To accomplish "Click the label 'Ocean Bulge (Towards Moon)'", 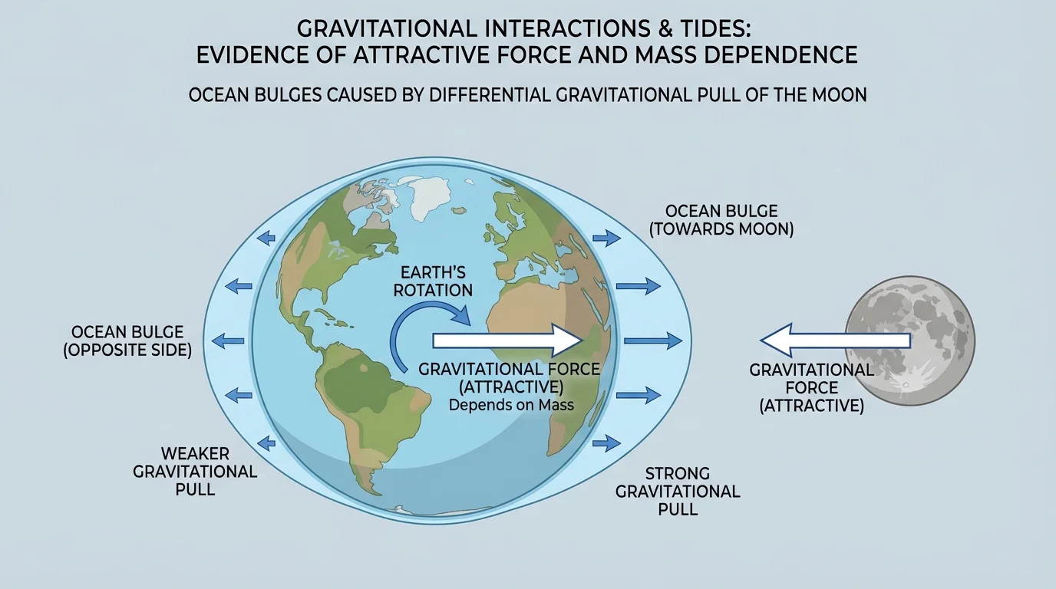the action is click(x=721, y=219).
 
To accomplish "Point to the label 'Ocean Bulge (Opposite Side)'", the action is click(x=131, y=341).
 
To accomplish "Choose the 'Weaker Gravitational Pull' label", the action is click(x=195, y=471).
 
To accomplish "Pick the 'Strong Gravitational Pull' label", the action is click(x=678, y=491).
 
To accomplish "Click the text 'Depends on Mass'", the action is click(x=511, y=405).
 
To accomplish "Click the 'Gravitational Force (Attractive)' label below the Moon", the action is click(x=811, y=387).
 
